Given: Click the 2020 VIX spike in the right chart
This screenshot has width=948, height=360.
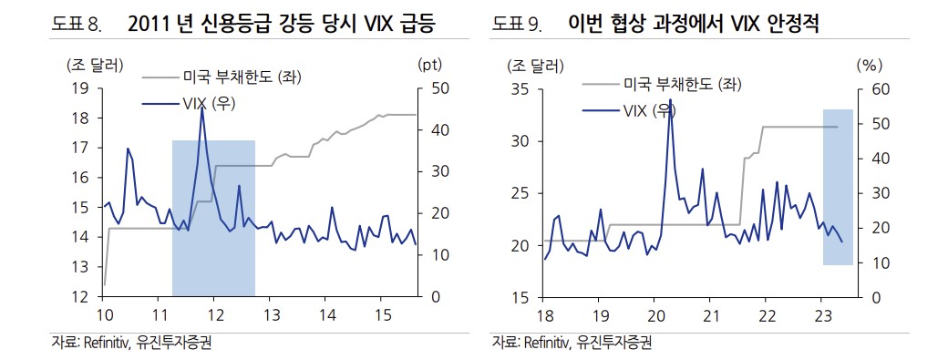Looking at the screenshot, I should pos(670,99).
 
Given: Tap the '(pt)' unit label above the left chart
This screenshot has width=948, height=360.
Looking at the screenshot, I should pos(429,65).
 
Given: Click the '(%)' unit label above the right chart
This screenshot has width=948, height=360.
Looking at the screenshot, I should pos(868,65).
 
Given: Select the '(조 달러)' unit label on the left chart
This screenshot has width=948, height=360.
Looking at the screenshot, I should pos(94,65).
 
